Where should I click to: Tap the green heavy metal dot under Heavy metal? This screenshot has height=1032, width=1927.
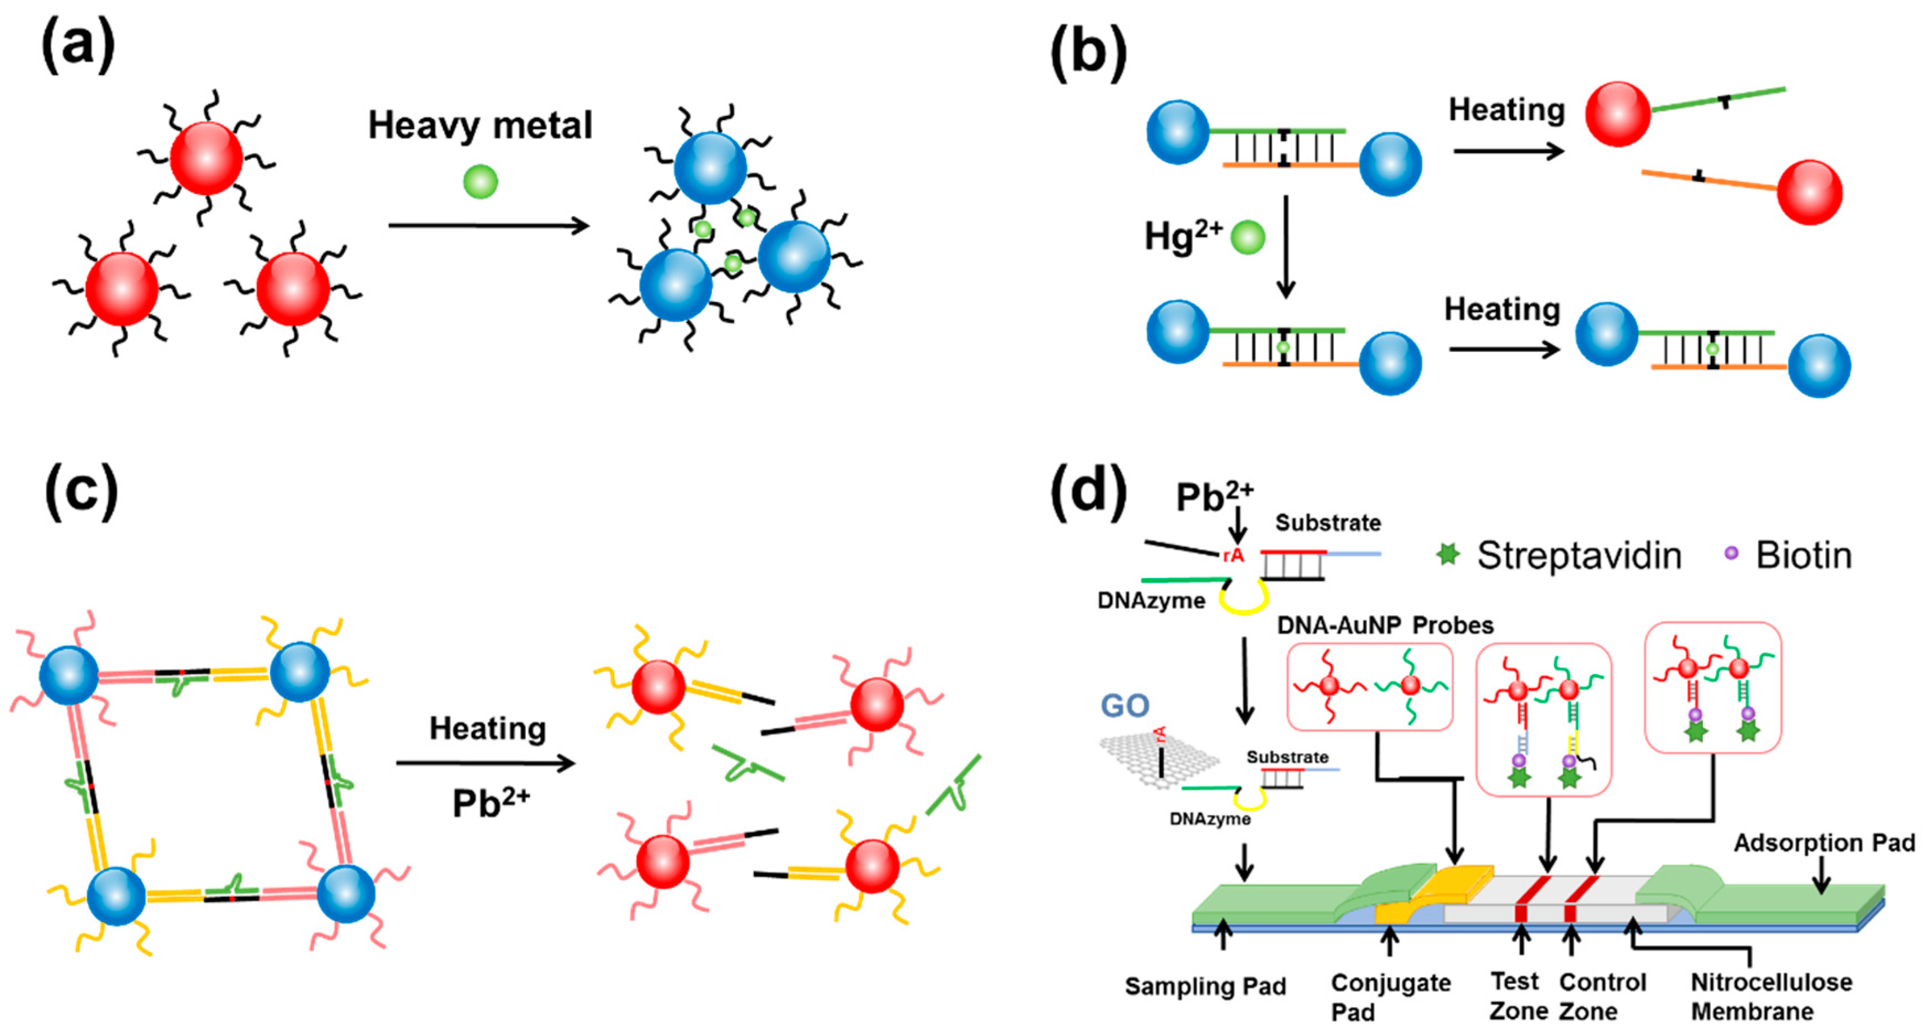coord(481,181)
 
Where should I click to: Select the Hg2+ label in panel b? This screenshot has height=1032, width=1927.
coord(1184,237)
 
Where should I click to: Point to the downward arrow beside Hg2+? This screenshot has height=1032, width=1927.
coord(1285,247)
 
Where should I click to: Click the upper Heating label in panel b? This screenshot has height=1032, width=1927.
coord(1507,110)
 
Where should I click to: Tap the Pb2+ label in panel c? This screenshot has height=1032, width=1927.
coord(491,802)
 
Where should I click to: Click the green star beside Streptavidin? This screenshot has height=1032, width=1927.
coord(1448,554)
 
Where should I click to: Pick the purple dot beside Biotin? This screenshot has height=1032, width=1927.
coord(1731,553)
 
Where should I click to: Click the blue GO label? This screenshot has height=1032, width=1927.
coord(1124,705)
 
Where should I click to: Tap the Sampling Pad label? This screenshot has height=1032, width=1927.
coord(1205,986)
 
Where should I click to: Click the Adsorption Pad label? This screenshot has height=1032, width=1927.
coord(1825,843)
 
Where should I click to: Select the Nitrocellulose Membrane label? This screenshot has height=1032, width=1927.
coord(1772,996)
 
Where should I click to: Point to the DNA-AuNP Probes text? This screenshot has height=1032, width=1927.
coord(1385,625)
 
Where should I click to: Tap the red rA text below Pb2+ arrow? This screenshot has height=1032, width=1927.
coord(1233,555)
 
